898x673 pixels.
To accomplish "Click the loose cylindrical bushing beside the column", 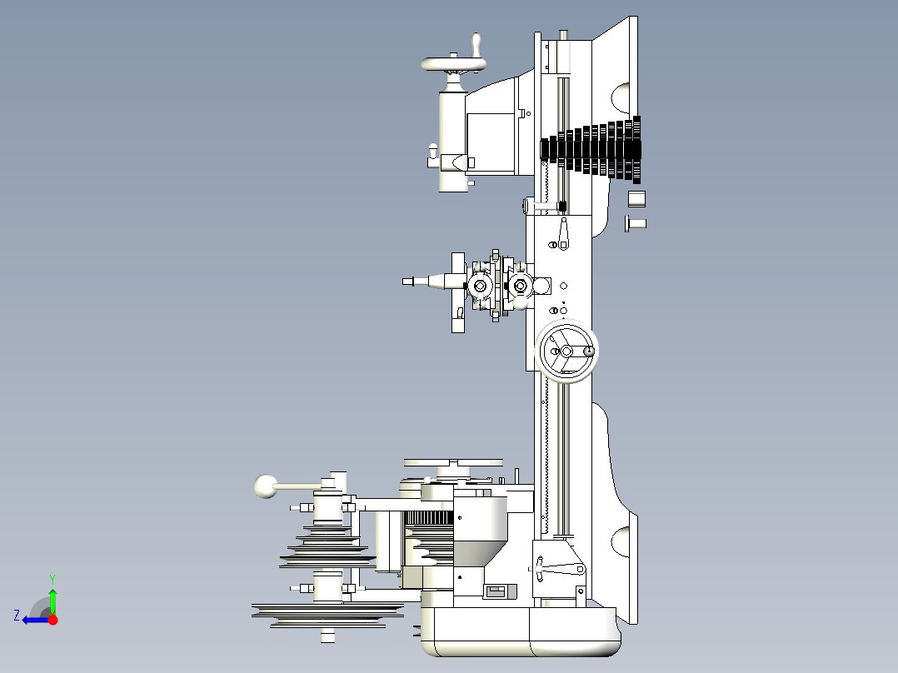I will click(636, 199).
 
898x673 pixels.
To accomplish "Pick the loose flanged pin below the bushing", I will click(635, 223).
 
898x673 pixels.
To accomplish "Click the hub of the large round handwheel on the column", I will click(566, 351).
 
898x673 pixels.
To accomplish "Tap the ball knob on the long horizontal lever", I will click(266, 486).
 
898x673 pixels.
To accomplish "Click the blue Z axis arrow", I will click(32, 620).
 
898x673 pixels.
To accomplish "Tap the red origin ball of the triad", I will click(52, 620).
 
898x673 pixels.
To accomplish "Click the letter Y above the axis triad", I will click(52, 578).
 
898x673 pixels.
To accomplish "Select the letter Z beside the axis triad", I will click(17, 615).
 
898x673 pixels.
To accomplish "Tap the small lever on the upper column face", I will click(564, 234).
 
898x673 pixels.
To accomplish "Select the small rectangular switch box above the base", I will click(496, 591).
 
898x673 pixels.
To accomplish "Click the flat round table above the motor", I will click(453, 462).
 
